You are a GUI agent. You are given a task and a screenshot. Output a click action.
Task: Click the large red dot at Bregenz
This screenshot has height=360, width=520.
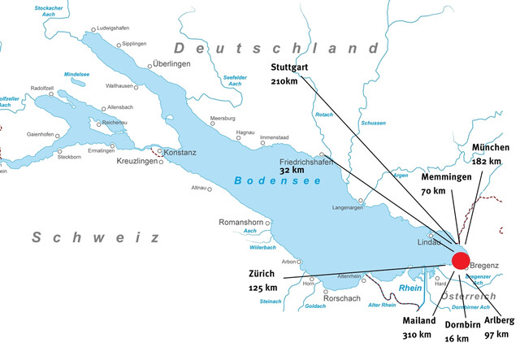click(x=461, y=260)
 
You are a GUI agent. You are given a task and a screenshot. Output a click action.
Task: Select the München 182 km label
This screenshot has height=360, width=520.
click(x=490, y=154)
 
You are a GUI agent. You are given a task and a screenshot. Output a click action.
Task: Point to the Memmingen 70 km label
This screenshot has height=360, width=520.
click(x=445, y=184)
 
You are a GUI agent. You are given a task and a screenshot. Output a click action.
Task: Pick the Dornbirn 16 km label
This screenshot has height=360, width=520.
click(x=462, y=332)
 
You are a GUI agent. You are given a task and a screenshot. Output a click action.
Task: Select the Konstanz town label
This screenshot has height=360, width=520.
click(x=180, y=153)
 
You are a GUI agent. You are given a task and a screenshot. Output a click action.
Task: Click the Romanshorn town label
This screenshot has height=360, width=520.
click(x=243, y=222)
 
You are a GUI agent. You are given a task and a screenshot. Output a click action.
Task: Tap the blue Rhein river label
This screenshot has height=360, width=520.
click(x=411, y=288)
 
